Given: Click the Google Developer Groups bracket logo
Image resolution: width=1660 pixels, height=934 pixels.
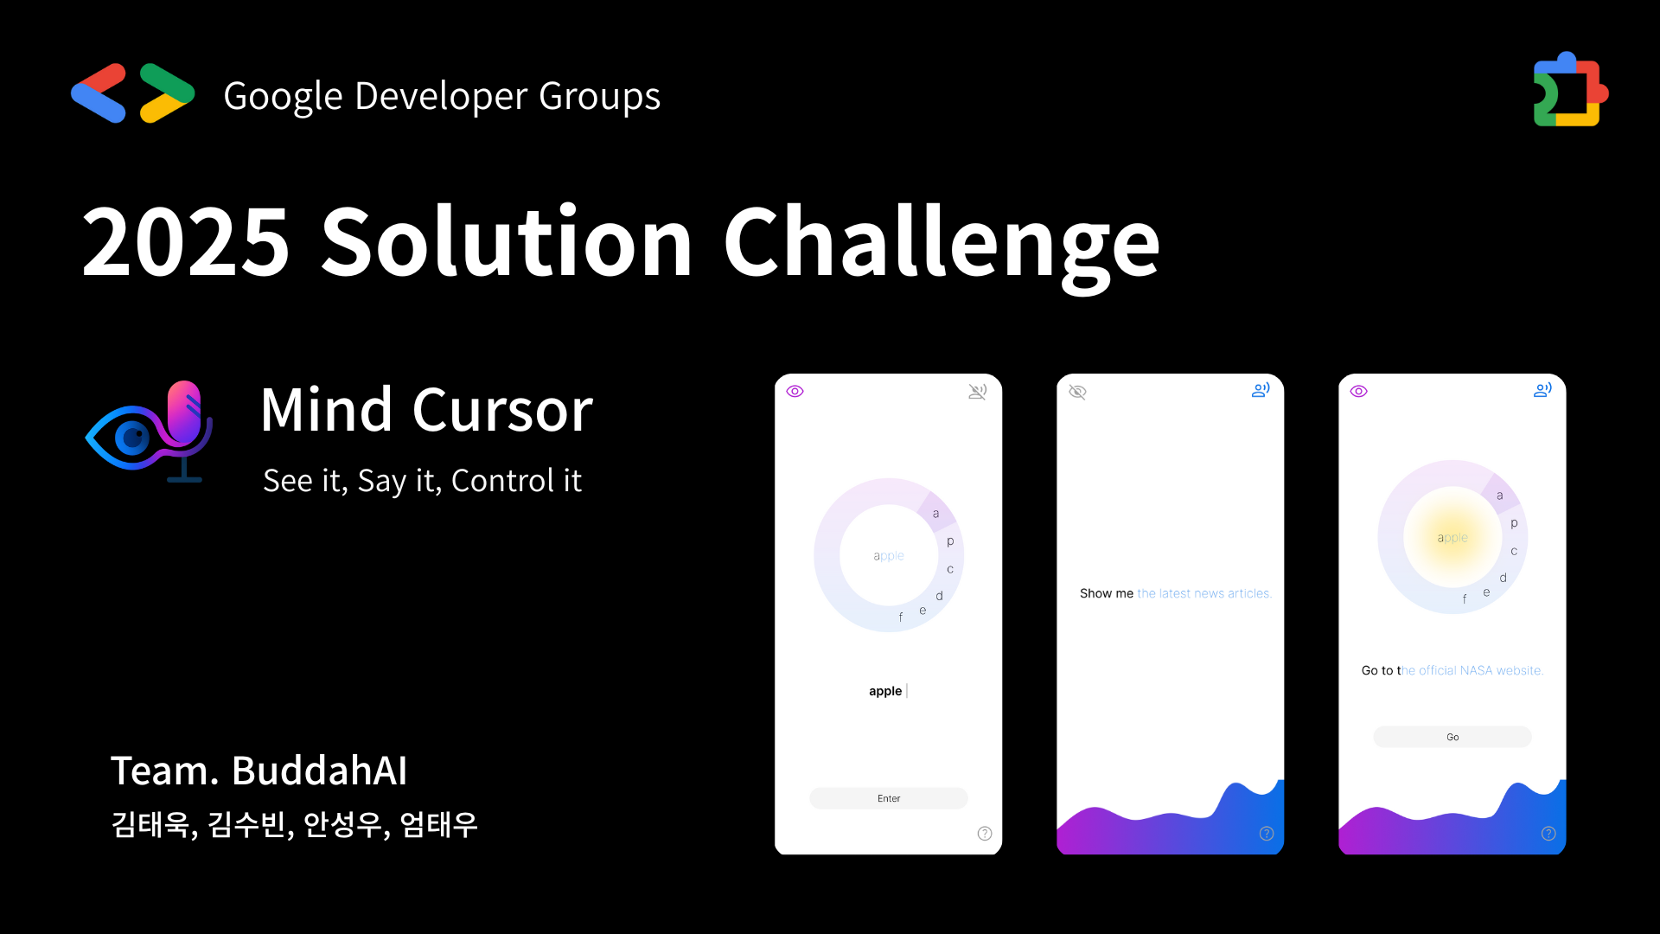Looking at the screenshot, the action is (x=132, y=93).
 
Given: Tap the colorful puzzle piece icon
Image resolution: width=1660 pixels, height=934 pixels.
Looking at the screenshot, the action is (x=1570, y=90).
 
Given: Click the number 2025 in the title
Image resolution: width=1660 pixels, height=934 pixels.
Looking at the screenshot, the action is (x=185, y=243).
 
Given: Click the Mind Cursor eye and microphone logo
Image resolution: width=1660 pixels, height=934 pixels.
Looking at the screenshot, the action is (x=150, y=432).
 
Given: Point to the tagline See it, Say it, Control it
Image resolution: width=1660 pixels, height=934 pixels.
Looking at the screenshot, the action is (x=422, y=481).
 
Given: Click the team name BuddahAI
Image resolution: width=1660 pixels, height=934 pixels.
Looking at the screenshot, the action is (x=319, y=771).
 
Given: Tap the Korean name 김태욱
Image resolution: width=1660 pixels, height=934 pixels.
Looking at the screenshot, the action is (x=150, y=824).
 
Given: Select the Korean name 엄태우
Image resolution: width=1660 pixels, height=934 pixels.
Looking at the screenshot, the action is (x=438, y=824).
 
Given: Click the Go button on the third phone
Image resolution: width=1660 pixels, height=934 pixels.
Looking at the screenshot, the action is (x=1452, y=737).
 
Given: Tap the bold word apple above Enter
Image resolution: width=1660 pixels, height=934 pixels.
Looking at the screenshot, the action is (x=885, y=691).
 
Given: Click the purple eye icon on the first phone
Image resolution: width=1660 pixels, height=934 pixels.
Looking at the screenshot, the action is (x=795, y=392).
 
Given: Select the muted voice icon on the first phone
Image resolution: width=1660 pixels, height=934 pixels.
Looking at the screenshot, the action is (x=978, y=392).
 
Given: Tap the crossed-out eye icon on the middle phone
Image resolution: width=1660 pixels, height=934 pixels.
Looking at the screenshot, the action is (x=1077, y=392).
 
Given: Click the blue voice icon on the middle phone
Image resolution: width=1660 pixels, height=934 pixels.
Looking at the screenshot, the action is (x=1261, y=390).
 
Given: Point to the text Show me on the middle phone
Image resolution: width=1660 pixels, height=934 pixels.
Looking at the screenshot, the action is (x=1107, y=593).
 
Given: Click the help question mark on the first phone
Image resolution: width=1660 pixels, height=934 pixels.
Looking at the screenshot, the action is (x=985, y=834).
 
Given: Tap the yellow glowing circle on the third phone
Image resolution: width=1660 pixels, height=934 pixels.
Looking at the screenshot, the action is (x=1452, y=537).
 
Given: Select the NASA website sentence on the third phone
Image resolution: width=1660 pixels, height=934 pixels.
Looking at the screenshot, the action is (x=1452, y=670).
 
